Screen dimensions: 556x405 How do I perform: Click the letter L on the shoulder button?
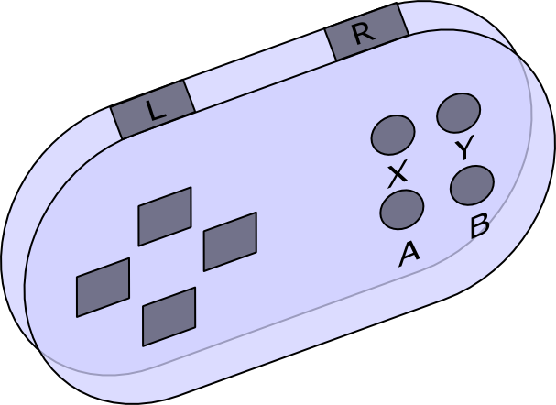(x=156, y=110)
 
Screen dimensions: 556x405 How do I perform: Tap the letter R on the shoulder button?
(x=365, y=33)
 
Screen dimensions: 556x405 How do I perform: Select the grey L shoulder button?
(x=153, y=109)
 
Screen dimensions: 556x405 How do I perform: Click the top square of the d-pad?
(x=165, y=216)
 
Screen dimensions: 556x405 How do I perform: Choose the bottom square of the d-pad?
(x=169, y=316)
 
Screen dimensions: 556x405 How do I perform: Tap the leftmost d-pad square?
(x=103, y=288)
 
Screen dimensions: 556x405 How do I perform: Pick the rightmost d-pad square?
(x=230, y=242)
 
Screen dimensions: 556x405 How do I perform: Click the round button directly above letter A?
(x=402, y=210)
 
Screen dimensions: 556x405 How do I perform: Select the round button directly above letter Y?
(x=459, y=113)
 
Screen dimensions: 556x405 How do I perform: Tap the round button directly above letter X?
(x=393, y=135)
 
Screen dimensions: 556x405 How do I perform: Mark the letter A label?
(x=409, y=255)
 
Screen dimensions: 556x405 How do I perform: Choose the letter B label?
(x=480, y=226)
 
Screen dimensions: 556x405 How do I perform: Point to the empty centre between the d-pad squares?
(x=167, y=266)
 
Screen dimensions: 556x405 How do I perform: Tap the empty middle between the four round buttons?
(x=432, y=160)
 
